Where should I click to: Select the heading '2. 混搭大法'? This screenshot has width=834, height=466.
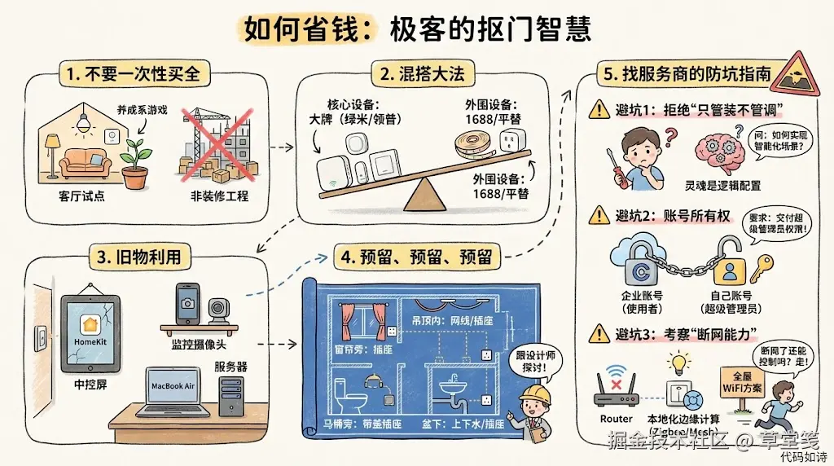point(423,73)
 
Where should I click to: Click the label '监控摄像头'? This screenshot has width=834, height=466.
point(200,345)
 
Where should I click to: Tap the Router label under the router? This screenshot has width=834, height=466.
point(616,419)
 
